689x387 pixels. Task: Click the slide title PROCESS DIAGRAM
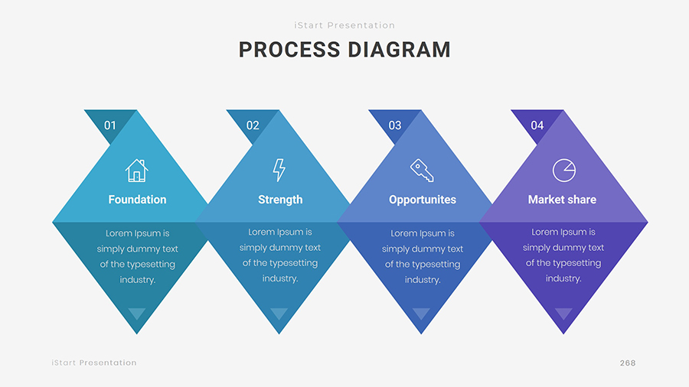344,50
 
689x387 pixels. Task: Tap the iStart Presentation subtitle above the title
344,25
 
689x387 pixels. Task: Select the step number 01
110,125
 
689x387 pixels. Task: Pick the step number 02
253,125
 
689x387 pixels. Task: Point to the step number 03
395,125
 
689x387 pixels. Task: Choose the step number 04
537,125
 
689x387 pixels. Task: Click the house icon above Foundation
137,170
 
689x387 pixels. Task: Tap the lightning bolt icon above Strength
279,170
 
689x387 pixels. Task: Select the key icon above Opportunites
422,170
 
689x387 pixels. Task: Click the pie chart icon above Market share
564,170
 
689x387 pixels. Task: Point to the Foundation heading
137,200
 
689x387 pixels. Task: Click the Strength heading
280,200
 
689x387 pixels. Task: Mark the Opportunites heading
423,200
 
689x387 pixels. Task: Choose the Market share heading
562,200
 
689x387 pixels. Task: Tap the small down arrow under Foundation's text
137,313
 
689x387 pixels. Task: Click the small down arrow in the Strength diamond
279,313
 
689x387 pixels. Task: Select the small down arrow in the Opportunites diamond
422,313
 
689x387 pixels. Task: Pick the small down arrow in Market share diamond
563,313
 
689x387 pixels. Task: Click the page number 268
628,363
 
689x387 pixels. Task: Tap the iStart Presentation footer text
94,363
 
